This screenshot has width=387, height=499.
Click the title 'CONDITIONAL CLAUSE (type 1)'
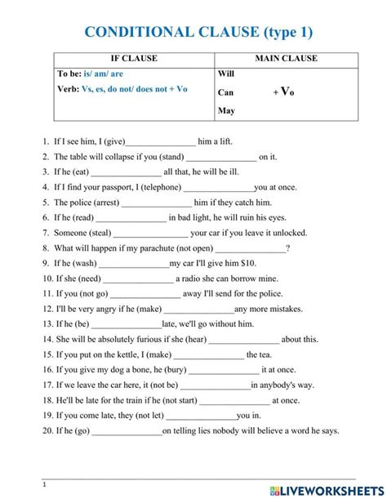198,32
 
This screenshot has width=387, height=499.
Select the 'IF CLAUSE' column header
133,59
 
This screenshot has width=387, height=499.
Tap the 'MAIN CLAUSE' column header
286,59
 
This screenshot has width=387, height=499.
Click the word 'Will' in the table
226,74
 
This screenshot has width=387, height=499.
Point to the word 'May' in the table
226,110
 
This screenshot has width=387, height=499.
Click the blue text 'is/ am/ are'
104,74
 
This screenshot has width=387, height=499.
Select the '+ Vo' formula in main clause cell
283,92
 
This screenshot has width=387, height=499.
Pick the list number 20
47,431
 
